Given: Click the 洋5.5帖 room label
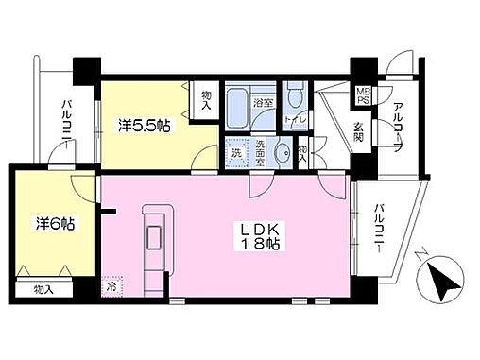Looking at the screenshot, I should [x=145, y=125].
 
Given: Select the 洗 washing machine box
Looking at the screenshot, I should [x=235, y=153].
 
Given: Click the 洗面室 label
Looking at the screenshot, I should [x=258, y=154].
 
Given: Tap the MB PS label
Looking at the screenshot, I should [x=362, y=97].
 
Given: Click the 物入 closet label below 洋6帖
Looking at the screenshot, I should [x=42, y=288].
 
